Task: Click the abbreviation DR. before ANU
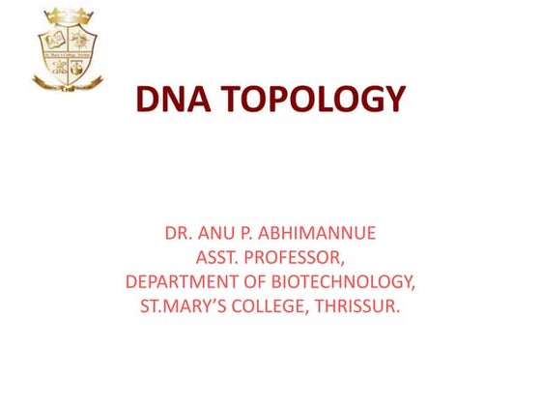tap(180, 235)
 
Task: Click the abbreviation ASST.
tap(218, 258)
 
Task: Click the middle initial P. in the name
tap(250, 235)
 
